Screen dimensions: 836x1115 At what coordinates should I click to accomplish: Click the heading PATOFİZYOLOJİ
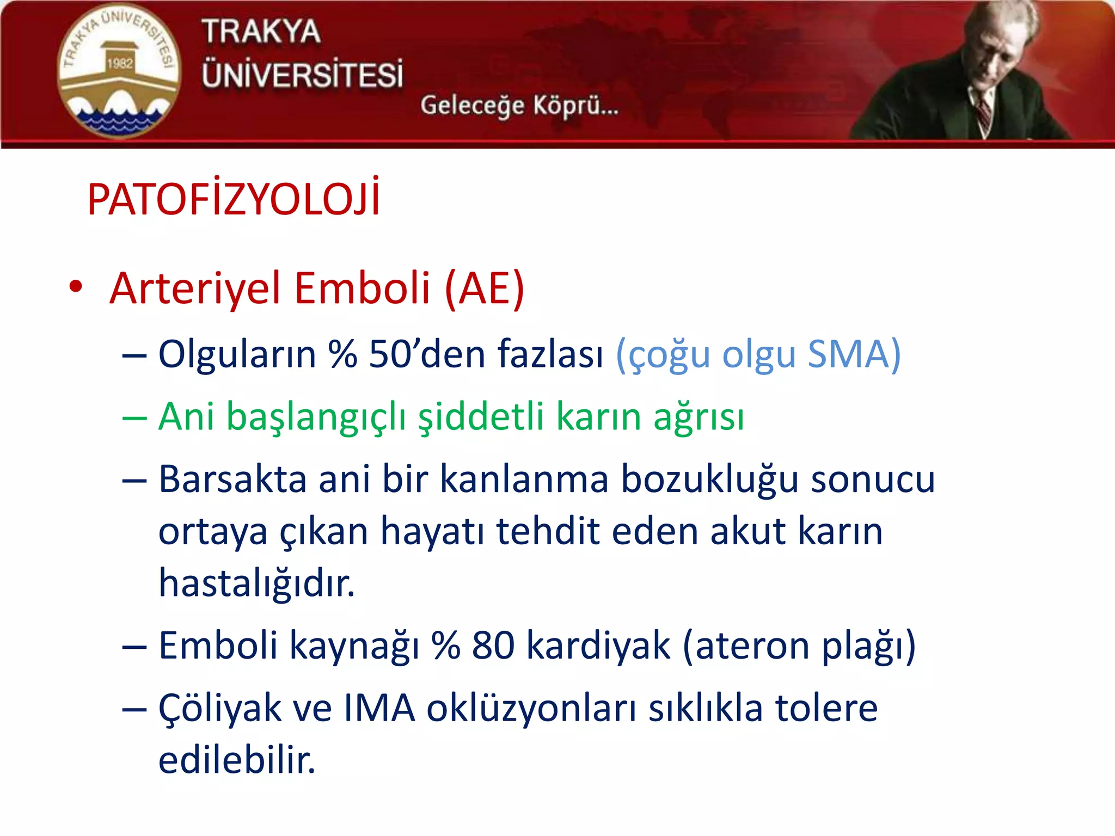pos(233,199)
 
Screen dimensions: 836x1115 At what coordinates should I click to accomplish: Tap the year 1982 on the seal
pos(120,64)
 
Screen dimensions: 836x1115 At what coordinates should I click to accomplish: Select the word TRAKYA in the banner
pos(261,31)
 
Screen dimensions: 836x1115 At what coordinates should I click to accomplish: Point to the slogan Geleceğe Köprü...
pos(519,105)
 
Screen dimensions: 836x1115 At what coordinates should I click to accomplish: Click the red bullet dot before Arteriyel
pos(76,287)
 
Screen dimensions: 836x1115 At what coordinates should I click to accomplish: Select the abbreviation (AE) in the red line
pos(484,288)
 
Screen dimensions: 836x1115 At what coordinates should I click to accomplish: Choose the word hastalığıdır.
pos(256,583)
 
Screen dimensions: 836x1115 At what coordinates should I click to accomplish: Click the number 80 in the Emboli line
pos(493,646)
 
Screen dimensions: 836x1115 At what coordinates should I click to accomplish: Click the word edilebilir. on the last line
pos(237,760)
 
